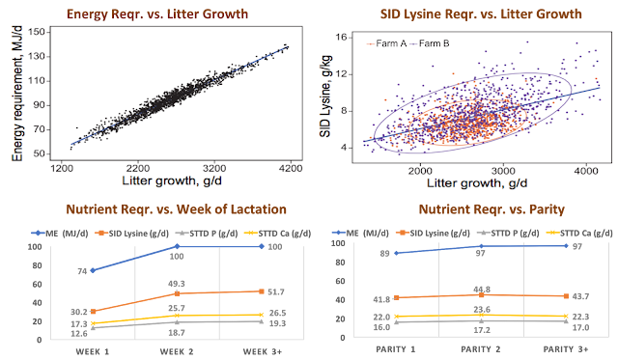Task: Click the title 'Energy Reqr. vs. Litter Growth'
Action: [157, 14]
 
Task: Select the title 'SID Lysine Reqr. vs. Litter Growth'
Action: [481, 14]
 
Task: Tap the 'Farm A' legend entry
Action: [386, 43]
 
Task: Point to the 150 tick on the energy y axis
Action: [37, 32]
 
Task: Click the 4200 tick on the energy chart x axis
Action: [291, 168]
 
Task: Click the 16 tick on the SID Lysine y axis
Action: [341, 38]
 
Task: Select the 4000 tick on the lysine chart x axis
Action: [586, 171]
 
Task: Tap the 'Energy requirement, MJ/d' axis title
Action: [17, 94]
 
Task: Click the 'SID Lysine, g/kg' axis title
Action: [325, 97]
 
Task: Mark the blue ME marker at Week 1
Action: [93, 270]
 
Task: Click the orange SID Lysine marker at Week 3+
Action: [261, 291]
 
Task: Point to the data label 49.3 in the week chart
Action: [176, 284]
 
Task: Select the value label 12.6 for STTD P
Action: [79, 334]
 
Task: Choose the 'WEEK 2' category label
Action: [177, 351]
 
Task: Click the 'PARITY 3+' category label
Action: [566, 349]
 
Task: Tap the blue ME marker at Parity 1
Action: [396, 253]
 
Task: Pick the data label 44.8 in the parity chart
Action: [482, 290]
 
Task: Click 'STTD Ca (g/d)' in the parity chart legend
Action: [579, 233]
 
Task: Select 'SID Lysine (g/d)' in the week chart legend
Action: [131, 234]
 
